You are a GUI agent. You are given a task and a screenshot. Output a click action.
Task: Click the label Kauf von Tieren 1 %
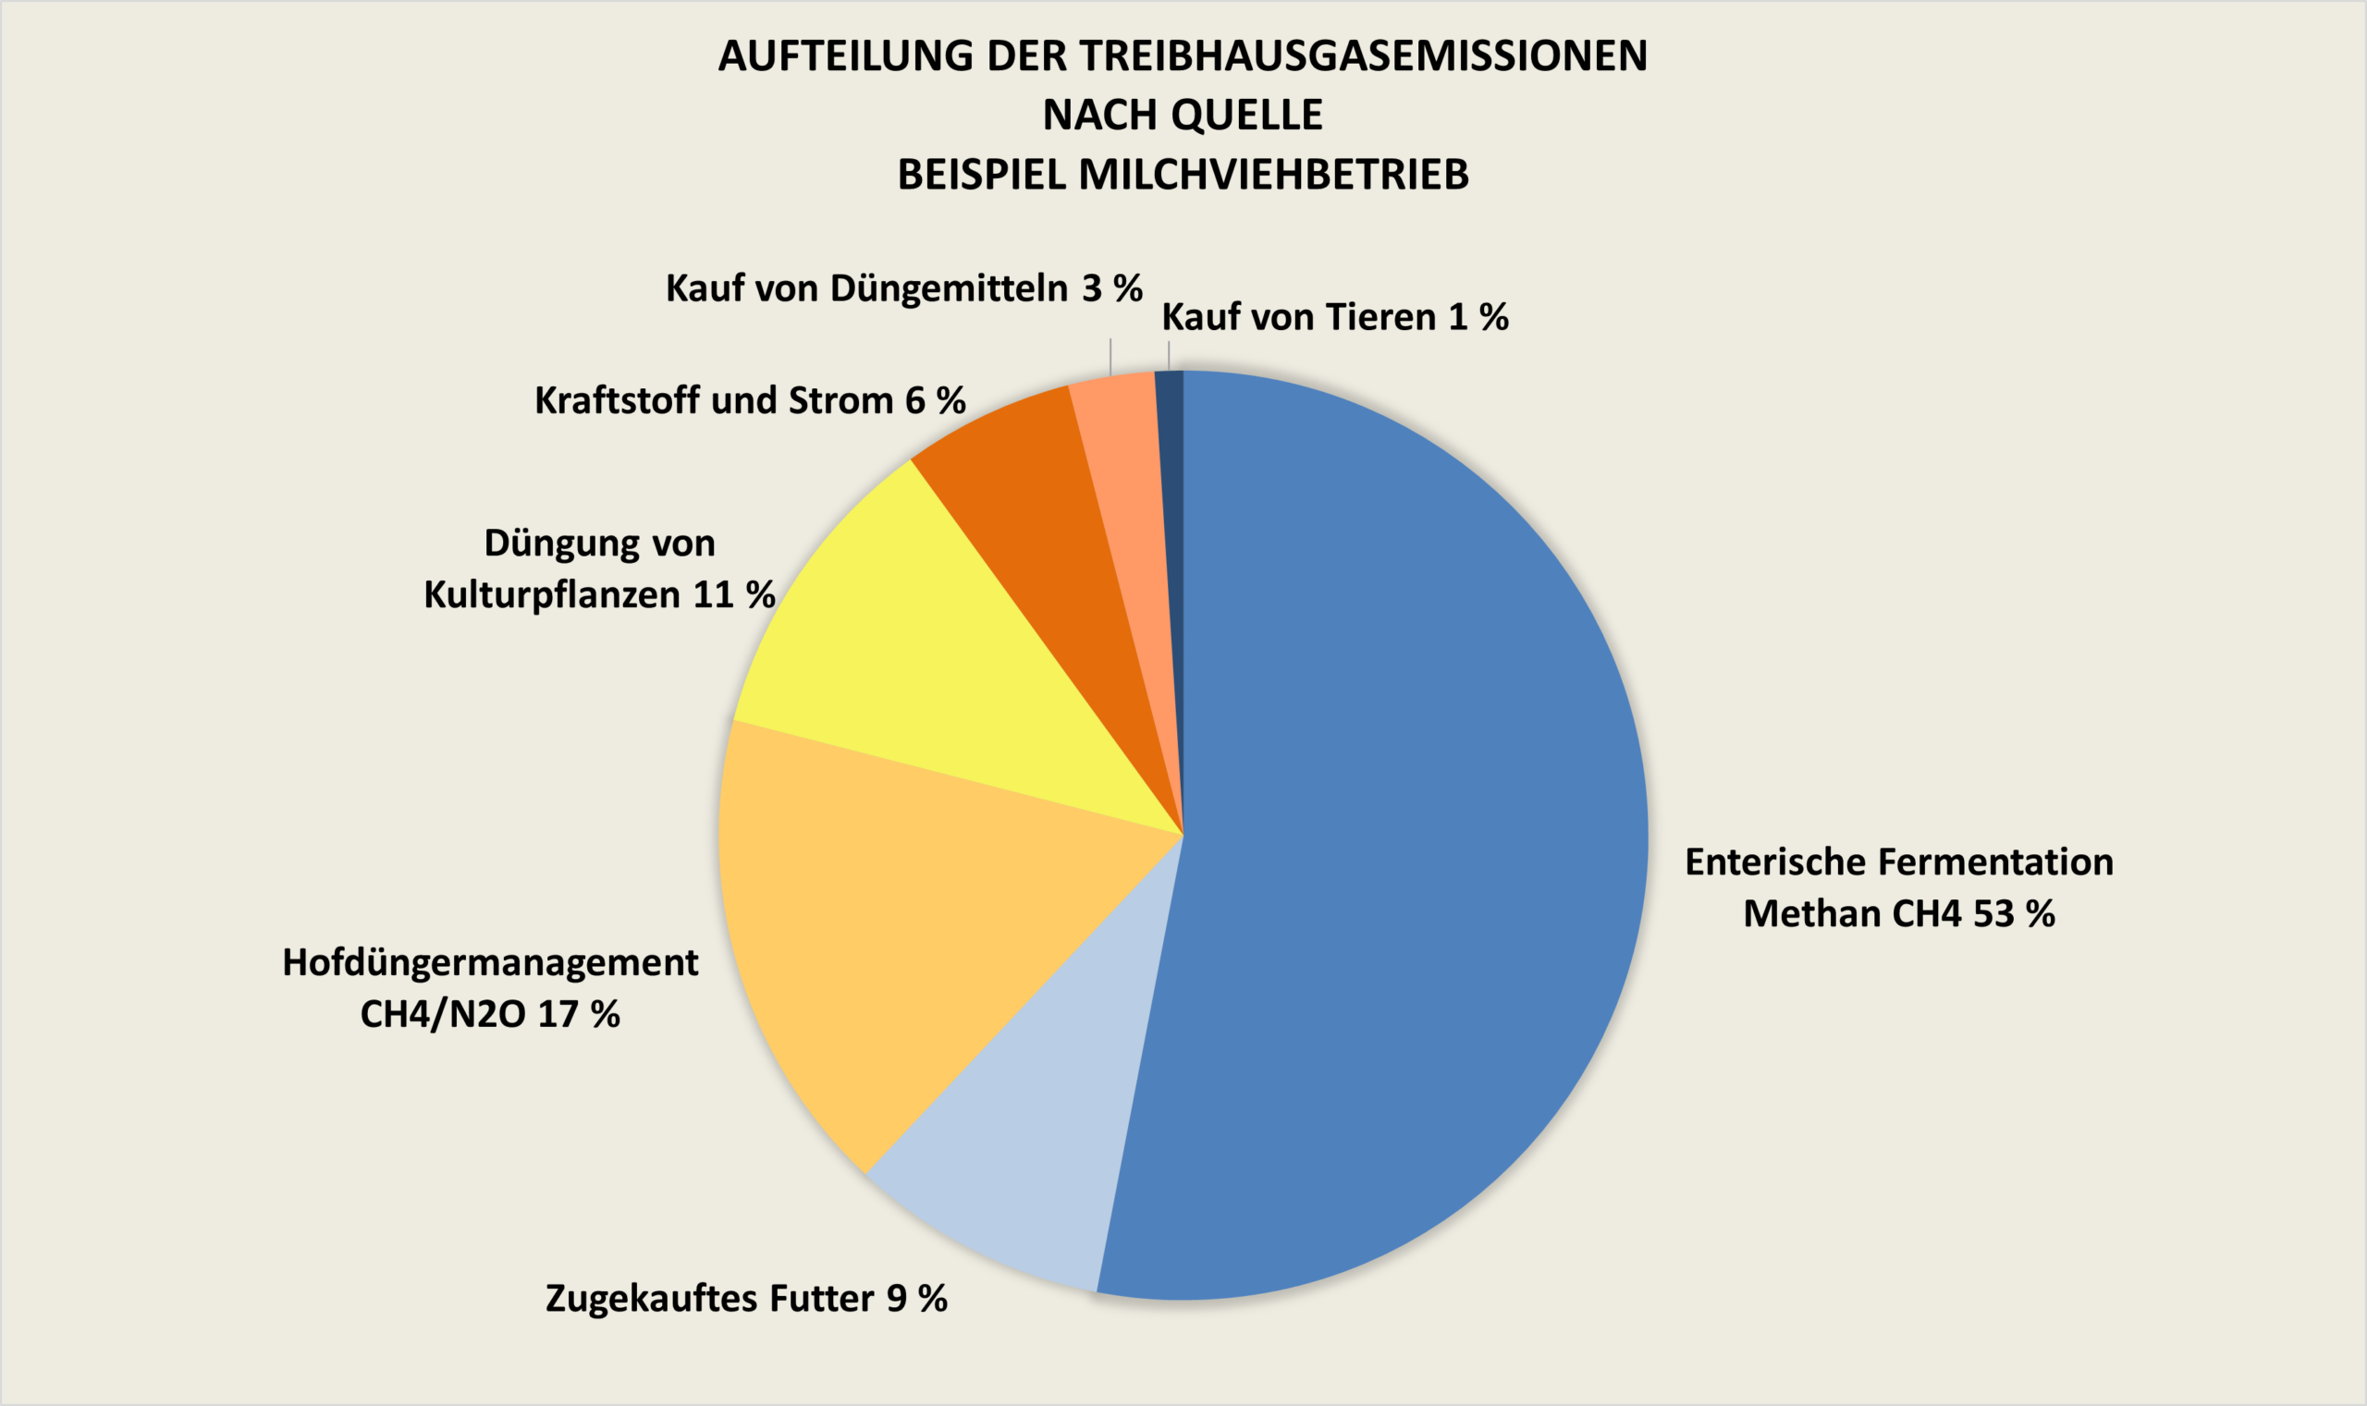(1334, 317)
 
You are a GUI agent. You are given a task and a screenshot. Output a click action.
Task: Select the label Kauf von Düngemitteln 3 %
(903, 288)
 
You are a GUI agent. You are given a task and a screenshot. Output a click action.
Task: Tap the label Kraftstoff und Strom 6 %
(750, 401)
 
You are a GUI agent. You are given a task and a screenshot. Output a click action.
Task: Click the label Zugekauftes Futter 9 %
(746, 1297)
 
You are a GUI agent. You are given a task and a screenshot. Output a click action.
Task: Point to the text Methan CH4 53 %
(1898, 913)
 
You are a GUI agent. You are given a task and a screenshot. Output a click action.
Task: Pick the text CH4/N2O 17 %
(490, 1014)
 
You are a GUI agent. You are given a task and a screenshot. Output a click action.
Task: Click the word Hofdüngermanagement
(490, 961)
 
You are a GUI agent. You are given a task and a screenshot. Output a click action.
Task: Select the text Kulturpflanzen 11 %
(599, 595)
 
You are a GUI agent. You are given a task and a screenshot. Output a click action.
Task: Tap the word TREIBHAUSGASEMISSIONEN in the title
(1364, 55)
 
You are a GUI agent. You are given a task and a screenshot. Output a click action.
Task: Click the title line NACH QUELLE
(1183, 116)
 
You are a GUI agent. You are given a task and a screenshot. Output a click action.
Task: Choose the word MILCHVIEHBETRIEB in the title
(1272, 175)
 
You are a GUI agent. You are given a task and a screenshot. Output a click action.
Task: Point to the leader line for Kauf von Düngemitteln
(1110, 357)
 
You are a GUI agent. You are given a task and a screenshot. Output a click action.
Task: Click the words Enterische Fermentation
(1899, 862)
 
